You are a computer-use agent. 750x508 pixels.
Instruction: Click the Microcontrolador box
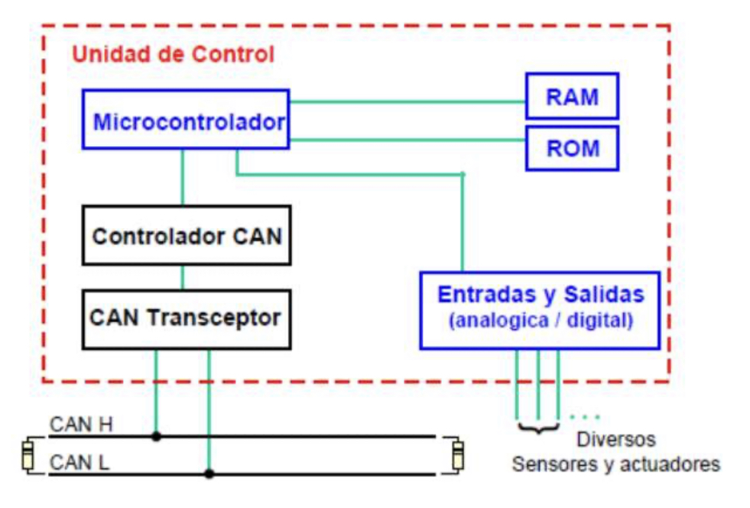click(185, 119)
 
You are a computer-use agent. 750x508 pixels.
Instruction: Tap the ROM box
click(572, 148)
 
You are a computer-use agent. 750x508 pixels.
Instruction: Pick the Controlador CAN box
click(187, 235)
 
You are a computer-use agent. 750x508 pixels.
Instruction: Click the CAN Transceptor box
click(187, 317)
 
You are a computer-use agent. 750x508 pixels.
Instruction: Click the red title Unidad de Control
click(172, 55)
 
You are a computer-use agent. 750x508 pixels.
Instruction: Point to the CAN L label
click(80, 462)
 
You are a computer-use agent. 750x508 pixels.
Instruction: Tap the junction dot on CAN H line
click(156, 437)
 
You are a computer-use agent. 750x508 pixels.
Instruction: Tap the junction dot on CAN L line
click(209, 474)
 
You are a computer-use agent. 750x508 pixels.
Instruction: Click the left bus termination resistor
click(28, 454)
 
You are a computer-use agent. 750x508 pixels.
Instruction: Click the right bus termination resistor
click(457, 454)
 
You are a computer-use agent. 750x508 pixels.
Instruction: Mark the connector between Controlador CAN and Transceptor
click(182, 277)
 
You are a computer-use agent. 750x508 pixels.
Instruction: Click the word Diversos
click(615, 441)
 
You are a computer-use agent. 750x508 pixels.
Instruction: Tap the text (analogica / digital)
click(540, 321)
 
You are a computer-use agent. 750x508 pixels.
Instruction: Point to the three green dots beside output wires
click(585, 417)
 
